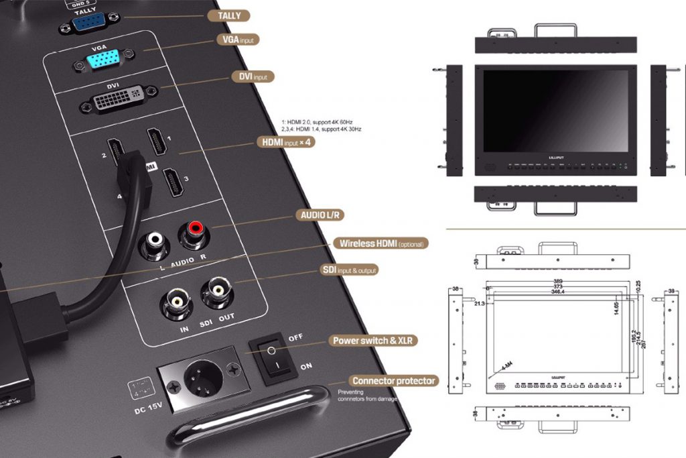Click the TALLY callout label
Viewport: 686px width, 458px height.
(x=229, y=15)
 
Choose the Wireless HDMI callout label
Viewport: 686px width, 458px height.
(x=382, y=243)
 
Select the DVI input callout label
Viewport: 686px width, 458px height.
(x=254, y=76)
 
